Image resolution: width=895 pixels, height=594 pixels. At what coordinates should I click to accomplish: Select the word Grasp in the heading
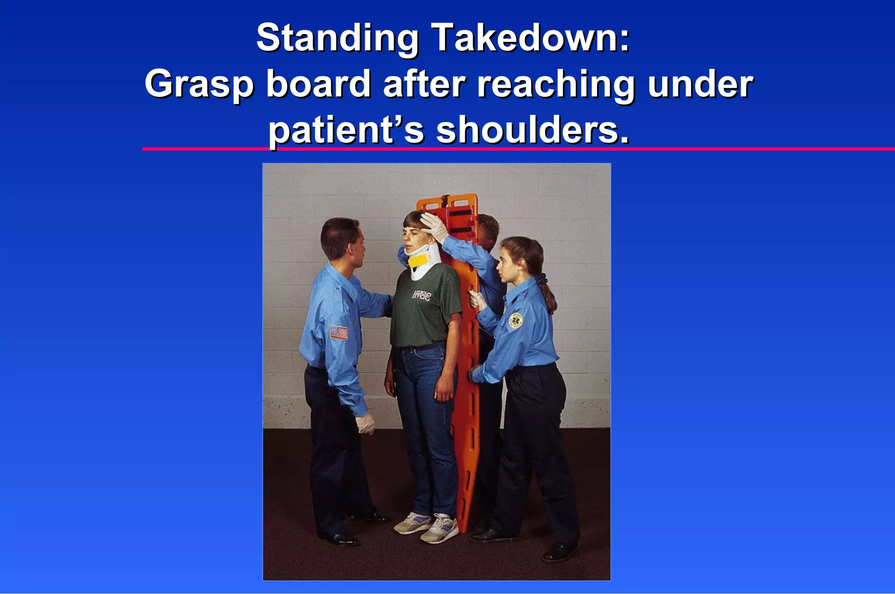click(x=199, y=85)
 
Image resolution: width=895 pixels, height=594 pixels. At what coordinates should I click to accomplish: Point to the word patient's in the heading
click(x=346, y=131)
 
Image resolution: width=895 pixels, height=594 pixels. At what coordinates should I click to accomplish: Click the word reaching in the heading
click(x=555, y=85)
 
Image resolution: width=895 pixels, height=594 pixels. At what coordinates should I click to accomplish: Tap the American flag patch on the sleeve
click(x=339, y=332)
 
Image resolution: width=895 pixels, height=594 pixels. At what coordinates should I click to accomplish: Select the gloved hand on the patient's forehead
click(x=434, y=226)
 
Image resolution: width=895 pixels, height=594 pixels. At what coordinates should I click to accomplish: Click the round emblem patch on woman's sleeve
click(x=516, y=320)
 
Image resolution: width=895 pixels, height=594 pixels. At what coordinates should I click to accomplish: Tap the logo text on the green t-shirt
click(x=421, y=295)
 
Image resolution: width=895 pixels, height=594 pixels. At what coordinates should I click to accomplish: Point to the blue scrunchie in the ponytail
click(x=543, y=278)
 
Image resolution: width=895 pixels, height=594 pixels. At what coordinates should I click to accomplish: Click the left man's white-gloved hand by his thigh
click(x=365, y=422)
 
